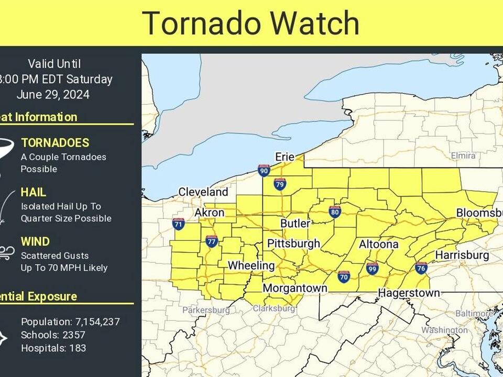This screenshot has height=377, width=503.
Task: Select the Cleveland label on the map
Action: point(203,192)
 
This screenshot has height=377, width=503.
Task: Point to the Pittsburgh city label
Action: point(293,243)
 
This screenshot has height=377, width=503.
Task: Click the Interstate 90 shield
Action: point(264,170)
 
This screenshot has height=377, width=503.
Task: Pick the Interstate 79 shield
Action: point(280,184)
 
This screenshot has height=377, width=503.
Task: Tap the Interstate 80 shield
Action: point(335,212)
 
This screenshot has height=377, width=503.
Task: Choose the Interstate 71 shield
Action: point(178,224)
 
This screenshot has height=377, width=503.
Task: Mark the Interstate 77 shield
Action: point(212,241)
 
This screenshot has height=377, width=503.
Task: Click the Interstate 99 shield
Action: point(373,269)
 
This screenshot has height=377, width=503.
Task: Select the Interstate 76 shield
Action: point(421,268)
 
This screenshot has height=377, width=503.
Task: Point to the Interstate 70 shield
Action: point(344,277)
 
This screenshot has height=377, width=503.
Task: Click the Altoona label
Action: point(378,245)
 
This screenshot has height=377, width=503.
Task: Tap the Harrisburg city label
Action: point(462,255)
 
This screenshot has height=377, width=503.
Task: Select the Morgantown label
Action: point(294,288)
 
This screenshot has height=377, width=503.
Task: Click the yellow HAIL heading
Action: point(34,192)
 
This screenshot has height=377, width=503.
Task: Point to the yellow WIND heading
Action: point(35,241)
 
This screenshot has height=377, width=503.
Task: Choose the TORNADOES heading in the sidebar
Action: point(55,142)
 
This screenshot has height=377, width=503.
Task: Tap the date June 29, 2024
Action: point(53,95)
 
